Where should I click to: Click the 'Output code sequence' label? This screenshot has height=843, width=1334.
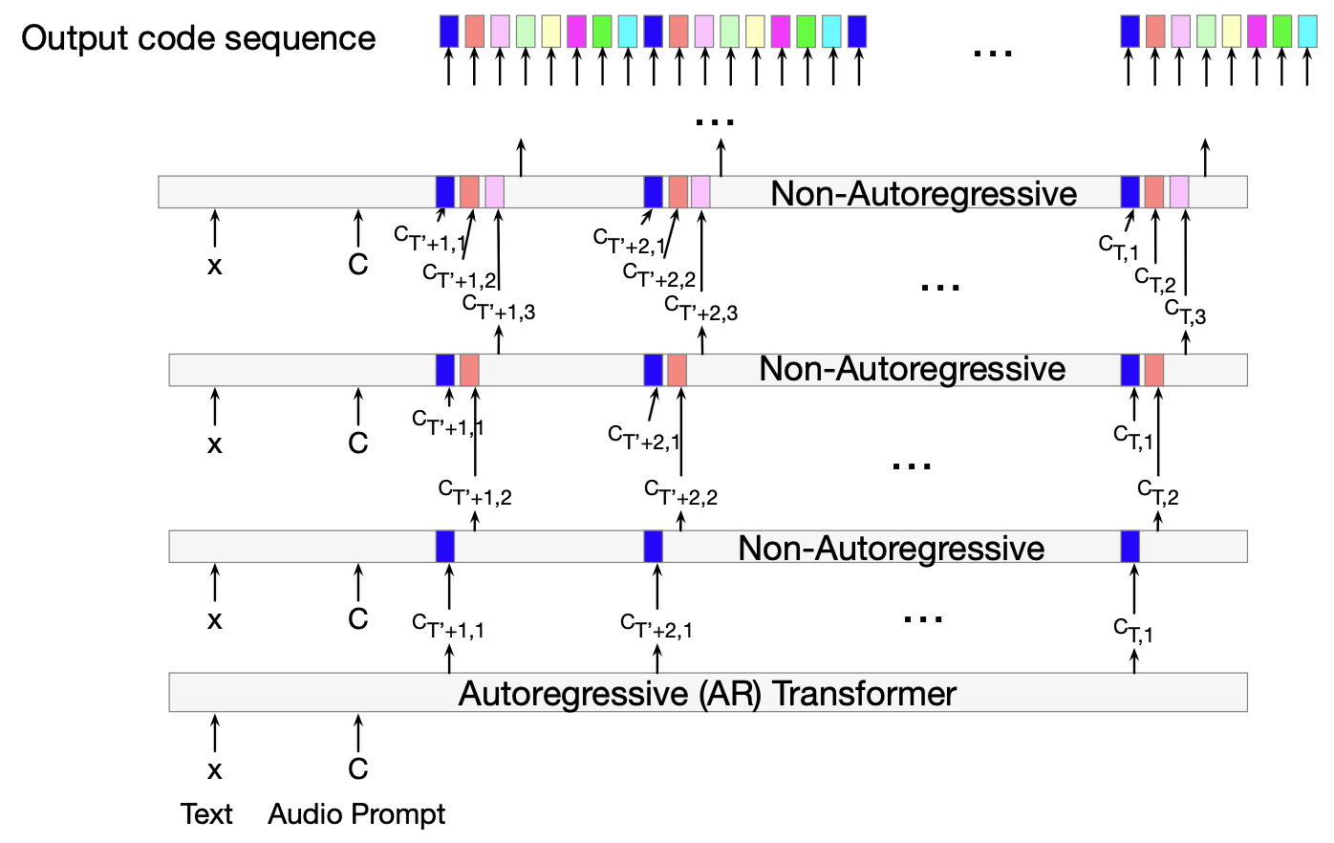click(x=198, y=38)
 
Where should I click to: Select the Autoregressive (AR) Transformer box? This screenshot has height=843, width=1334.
click(x=707, y=693)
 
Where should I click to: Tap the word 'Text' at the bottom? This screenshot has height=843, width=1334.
click(x=206, y=814)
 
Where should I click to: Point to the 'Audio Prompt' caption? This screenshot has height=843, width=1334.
click(x=356, y=814)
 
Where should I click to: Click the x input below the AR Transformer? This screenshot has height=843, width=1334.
click(x=215, y=769)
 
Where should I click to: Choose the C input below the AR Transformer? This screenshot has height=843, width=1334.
click(x=358, y=768)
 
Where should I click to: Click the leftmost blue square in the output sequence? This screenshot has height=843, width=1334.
click(x=449, y=32)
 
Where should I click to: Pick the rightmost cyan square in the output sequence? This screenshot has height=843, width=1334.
click(x=1308, y=32)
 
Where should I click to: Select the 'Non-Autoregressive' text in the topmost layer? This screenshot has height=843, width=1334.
click(x=923, y=194)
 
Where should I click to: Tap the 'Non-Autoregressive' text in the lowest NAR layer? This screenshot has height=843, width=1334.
click(x=891, y=548)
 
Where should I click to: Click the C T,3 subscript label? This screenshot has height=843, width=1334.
click(x=1185, y=311)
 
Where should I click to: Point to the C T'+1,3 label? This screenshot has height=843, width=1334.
click(x=498, y=307)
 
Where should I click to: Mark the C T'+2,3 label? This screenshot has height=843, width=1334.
click(x=700, y=309)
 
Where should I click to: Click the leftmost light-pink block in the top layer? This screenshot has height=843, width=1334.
click(x=494, y=192)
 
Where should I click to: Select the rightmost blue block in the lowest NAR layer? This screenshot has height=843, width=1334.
click(x=1130, y=547)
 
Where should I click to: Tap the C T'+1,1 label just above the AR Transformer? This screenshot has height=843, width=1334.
click(x=447, y=625)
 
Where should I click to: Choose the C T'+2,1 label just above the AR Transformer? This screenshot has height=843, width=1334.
click(x=656, y=626)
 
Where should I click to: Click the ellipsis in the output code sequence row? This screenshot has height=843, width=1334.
click(x=992, y=53)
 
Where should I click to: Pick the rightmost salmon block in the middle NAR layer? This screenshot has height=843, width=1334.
click(x=1154, y=369)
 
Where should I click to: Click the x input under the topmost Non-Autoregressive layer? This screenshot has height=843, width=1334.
click(x=215, y=265)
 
